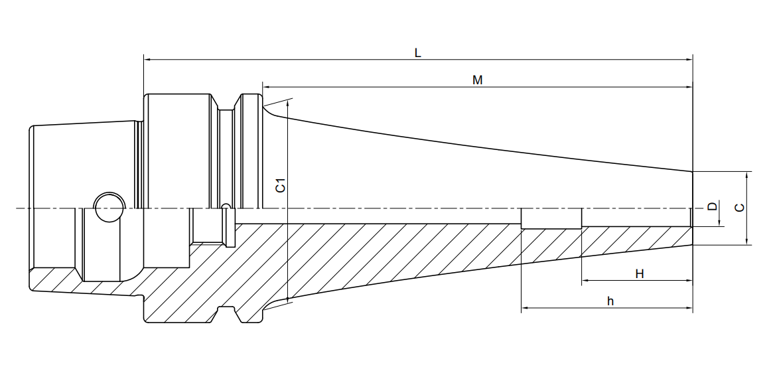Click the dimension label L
click(417, 52)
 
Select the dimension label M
click(478, 80)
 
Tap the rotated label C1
click(280, 185)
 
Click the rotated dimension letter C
click(739, 208)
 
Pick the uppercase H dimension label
click(639, 274)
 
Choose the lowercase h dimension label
click(610, 301)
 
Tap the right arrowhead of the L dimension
click(689, 60)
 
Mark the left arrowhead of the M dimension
click(267, 87)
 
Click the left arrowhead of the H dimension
click(586, 281)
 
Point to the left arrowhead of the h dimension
click(525, 309)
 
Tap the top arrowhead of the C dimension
click(746, 176)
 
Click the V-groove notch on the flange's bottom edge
click(227, 314)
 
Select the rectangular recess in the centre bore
click(551, 218)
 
